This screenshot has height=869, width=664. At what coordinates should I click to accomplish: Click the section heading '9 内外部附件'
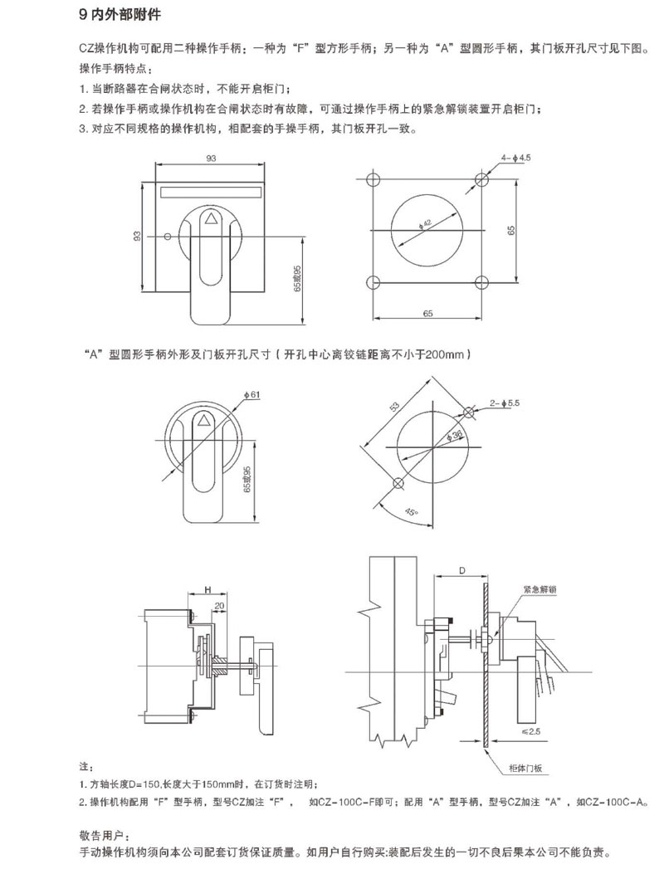[x=120, y=14]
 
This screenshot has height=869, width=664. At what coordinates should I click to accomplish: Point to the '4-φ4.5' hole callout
[x=515, y=158]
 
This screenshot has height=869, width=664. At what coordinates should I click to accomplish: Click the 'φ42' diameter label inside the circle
[x=426, y=223]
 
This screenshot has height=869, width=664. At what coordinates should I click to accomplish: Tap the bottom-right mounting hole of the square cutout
[x=481, y=282]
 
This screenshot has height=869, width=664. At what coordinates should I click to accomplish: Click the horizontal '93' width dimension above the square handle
[x=211, y=159]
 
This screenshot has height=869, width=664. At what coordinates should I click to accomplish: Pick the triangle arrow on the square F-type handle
[x=211, y=217]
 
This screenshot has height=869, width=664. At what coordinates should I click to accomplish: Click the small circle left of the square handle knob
[x=168, y=237]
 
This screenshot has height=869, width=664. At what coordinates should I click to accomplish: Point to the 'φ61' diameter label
[x=251, y=395]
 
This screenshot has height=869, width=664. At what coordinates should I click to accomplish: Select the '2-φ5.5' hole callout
[x=505, y=403]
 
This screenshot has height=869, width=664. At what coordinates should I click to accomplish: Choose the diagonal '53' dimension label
[x=394, y=407]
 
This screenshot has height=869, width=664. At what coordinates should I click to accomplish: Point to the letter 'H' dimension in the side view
[x=207, y=589]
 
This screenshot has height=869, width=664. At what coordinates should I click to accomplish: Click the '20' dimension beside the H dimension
[x=219, y=606]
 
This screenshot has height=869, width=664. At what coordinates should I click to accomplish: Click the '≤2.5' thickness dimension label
[x=531, y=731]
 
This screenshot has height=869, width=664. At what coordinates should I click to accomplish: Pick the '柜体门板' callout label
[x=525, y=768]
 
